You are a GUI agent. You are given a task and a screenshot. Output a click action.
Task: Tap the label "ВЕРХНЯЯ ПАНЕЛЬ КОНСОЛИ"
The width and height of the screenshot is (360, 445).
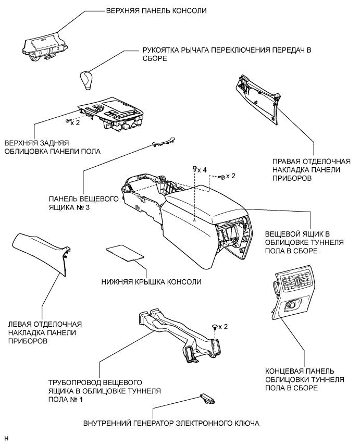148,10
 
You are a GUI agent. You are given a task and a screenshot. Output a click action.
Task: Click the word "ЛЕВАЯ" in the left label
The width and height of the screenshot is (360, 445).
19,324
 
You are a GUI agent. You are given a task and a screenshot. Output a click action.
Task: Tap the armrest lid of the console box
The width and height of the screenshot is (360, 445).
203,198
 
